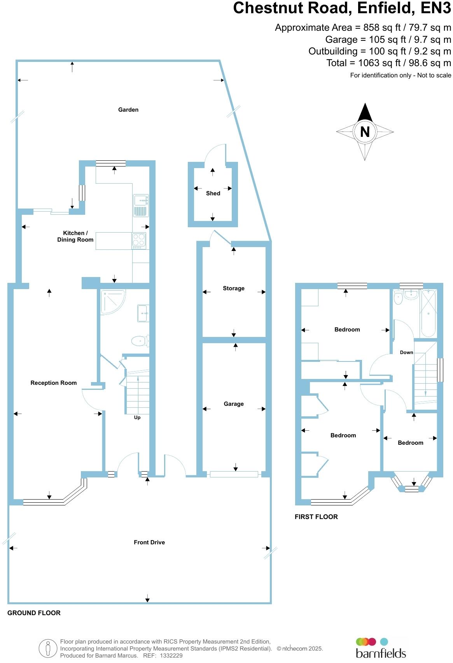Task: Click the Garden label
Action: click(x=128, y=110)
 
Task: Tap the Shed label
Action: click(x=213, y=193)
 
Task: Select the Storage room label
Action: click(x=234, y=288)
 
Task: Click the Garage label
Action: click(x=234, y=404)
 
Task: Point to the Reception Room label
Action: click(x=54, y=383)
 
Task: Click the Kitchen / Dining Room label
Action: click(x=75, y=236)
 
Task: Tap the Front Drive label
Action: click(x=149, y=542)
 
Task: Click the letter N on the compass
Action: click(x=365, y=132)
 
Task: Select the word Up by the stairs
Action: click(x=137, y=417)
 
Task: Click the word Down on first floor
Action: click(x=407, y=353)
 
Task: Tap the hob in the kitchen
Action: click(x=139, y=241)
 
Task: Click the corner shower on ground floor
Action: click(x=112, y=302)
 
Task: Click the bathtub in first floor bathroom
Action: click(x=429, y=313)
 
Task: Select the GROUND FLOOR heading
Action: click(x=34, y=613)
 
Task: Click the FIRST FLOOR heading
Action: click(x=316, y=517)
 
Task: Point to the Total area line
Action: click(x=389, y=63)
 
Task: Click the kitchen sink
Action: click(x=140, y=200)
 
